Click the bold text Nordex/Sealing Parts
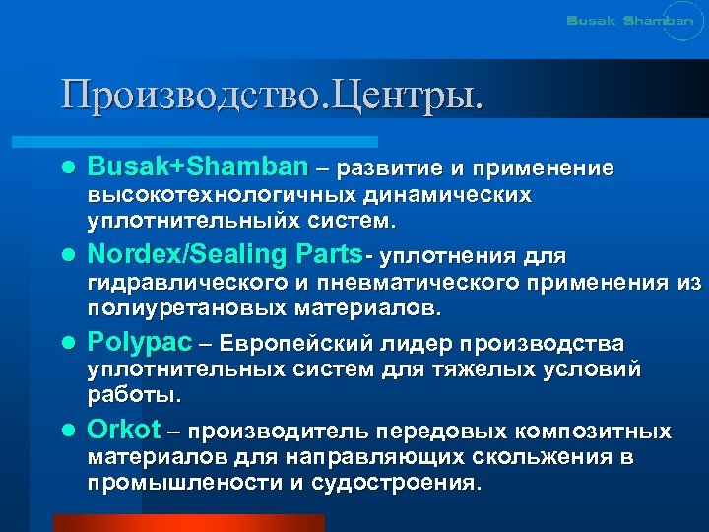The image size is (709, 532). (226, 255)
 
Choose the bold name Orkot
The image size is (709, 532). (124, 431)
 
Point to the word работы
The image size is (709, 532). (134, 395)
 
